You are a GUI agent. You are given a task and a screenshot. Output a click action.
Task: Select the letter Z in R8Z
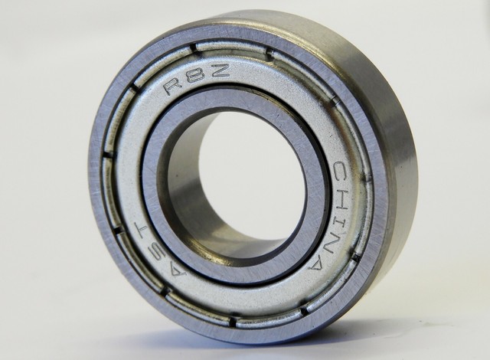click(219, 70)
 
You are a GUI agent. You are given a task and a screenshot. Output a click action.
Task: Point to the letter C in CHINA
click(342, 171)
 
